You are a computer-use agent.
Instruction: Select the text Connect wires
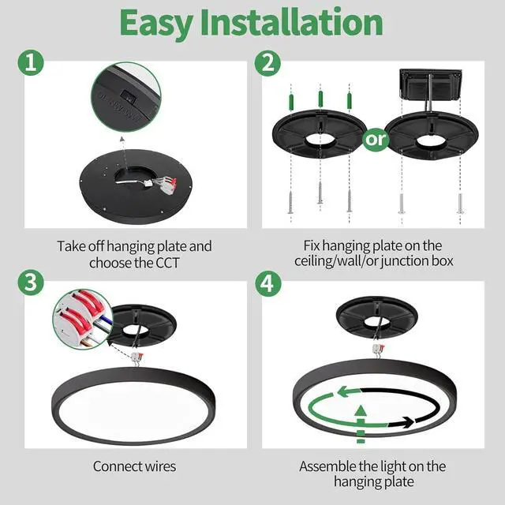(x=134, y=466)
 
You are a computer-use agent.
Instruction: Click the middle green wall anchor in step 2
(x=320, y=100)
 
